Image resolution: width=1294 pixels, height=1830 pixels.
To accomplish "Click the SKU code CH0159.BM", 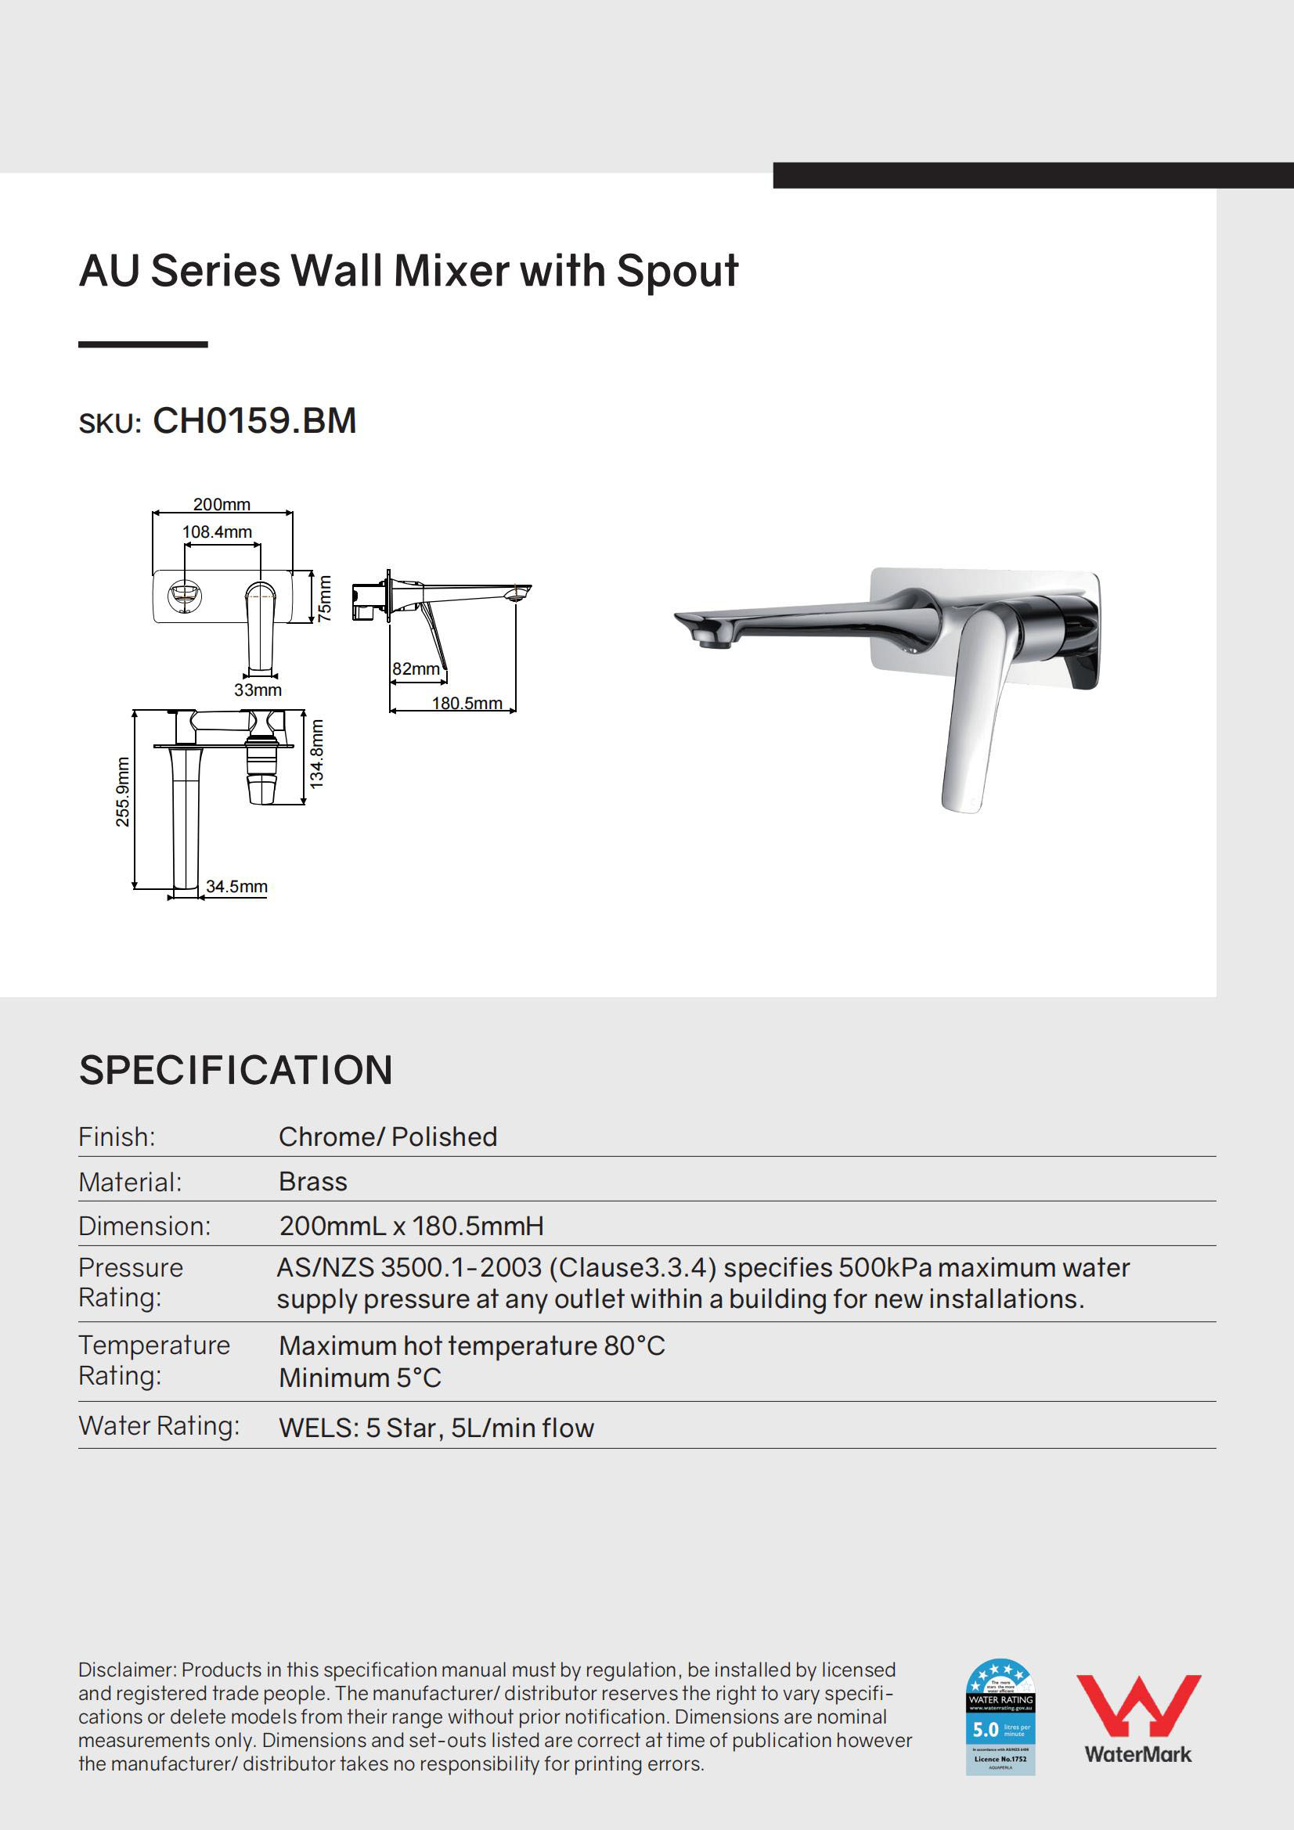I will pos(254,421).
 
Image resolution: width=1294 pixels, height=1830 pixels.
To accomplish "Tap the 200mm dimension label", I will pos(222,505).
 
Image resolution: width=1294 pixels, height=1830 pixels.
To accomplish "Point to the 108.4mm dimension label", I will pos(217,531).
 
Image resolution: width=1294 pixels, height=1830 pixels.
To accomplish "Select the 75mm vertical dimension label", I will pos(325,599).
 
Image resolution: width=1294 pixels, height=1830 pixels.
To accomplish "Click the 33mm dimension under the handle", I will pos(258,690).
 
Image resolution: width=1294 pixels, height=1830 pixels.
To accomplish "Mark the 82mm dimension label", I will pos(416,668).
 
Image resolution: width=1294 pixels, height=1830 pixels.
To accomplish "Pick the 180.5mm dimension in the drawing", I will pos(467,703).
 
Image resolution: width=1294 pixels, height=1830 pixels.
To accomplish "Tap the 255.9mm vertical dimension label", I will pos(122,791).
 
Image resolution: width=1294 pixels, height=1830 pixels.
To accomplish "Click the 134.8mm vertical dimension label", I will pos(316,754).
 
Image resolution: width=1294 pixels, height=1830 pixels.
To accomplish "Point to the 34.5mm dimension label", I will pos(236,886).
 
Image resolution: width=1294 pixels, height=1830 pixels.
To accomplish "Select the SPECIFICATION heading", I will pos(236,1071).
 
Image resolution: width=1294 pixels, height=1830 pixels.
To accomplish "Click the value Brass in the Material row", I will pos(313,1181).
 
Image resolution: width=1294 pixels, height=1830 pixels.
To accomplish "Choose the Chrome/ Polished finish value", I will pos(387,1137).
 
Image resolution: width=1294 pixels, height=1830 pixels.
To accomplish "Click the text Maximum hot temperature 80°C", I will pos(472,1345).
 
